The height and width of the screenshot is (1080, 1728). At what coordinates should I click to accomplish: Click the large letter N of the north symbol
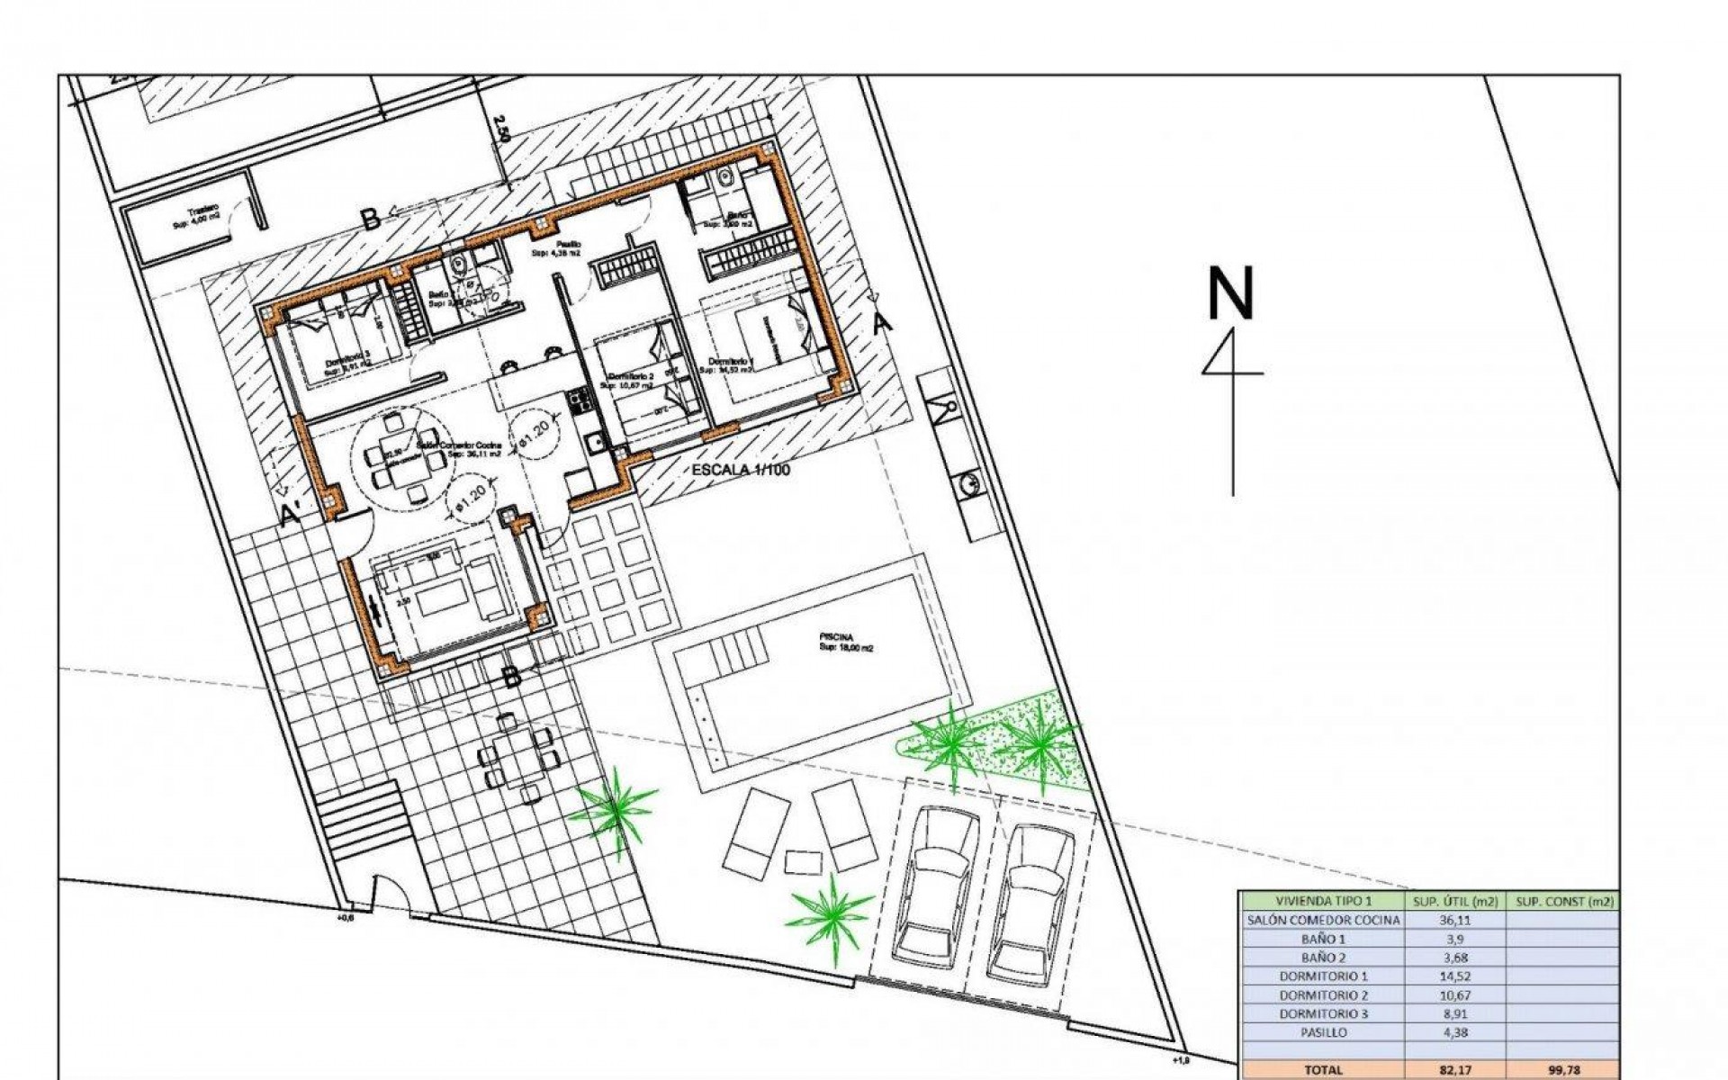[1230, 293]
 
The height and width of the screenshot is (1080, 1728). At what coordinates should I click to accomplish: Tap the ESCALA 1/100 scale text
[740, 470]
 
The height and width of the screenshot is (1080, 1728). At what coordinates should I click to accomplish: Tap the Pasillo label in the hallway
[567, 245]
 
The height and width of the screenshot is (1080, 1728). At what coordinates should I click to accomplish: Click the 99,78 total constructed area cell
[1563, 1070]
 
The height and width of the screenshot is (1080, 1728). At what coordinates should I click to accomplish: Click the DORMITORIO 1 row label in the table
[1323, 976]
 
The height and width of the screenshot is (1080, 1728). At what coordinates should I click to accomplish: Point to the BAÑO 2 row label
[1323, 958]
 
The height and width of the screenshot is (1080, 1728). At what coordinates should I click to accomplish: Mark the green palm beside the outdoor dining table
[616, 803]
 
